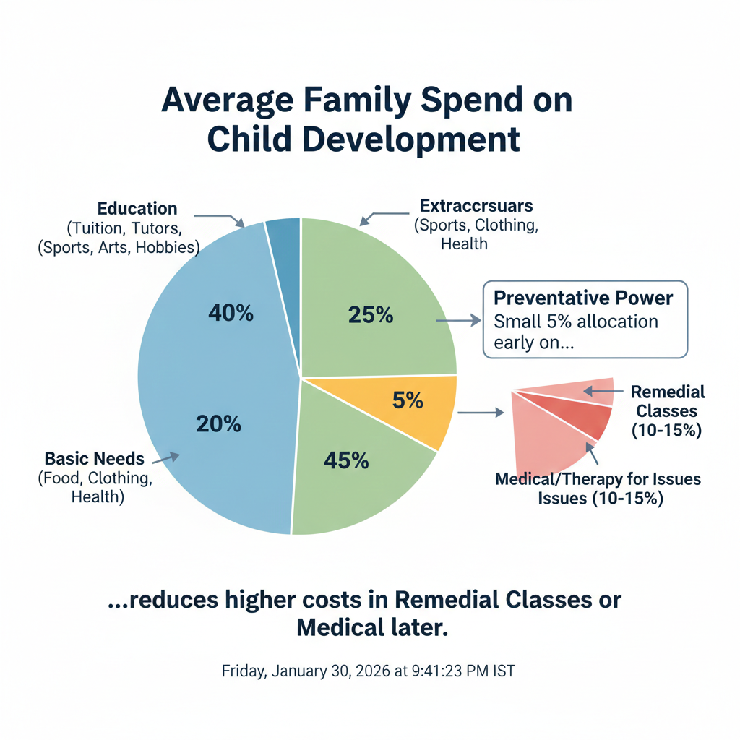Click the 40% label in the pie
tap(231, 313)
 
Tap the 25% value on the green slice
tap(370, 315)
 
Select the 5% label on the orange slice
tap(408, 400)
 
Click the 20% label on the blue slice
tap(218, 424)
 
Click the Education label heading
tap(137, 209)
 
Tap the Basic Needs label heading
tap(95, 458)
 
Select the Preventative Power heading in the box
tap(583, 298)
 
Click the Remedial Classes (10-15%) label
tap(668, 411)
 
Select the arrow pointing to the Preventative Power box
tap(459, 319)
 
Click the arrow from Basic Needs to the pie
tap(165, 457)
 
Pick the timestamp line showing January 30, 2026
tap(368, 671)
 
